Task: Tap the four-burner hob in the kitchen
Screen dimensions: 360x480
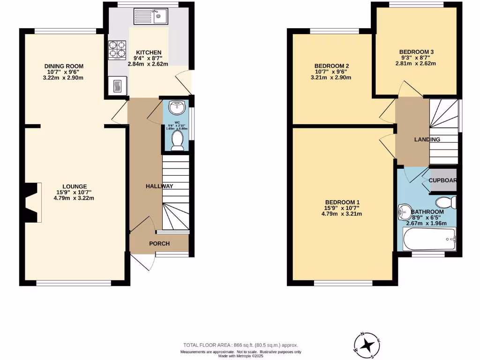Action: pyautogui.click(x=118, y=50)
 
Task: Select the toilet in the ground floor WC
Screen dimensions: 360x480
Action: pyautogui.click(x=177, y=140)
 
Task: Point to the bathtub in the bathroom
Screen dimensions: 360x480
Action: pyautogui.click(x=429, y=240)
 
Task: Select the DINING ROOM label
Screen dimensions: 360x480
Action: pyautogui.click(x=64, y=66)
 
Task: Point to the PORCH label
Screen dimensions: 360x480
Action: pyautogui.click(x=159, y=244)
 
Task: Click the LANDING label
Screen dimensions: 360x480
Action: pyautogui.click(x=427, y=140)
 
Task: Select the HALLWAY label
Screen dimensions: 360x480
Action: pyautogui.click(x=159, y=186)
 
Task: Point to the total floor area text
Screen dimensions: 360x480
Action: pyautogui.click(x=240, y=345)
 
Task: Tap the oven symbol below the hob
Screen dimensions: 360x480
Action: pyautogui.click(x=117, y=86)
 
